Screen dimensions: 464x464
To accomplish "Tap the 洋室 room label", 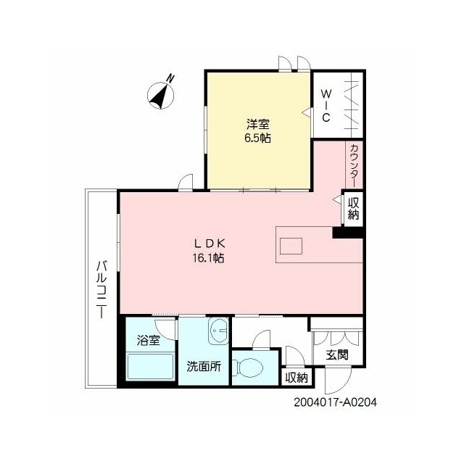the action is (x=258, y=124).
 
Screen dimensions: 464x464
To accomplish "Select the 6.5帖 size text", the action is (x=257, y=138).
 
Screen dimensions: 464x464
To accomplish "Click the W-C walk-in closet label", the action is (x=326, y=106).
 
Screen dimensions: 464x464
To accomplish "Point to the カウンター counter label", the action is (x=355, y=165).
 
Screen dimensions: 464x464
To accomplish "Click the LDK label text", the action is (x=210, y=244).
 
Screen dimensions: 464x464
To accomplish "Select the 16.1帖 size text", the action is (x=209, y=258).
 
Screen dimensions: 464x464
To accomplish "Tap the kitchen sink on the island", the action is (x=291, y=246).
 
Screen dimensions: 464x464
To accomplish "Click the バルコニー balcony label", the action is (x=101, y=289).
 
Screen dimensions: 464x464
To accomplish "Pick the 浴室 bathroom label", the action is (x=148, y=341).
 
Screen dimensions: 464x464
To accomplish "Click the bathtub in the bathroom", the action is (x=151, y=366).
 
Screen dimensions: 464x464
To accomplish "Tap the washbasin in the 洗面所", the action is (x=218, y=331).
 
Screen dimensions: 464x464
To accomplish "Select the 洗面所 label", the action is (x=204, y=367).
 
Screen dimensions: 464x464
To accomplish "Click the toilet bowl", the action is (x=248, y=368).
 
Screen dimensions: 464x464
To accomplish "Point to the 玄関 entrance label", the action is (x=337, y=355).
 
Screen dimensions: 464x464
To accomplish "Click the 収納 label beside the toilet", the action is (x=297, y=378).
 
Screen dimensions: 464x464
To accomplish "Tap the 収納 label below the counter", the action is (x=353, y=209).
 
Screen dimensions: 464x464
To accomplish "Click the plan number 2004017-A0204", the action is (x=335, y=402).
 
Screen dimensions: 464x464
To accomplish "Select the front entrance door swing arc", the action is (x=343, y=385).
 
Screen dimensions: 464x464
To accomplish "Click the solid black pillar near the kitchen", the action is (x=348, y=232).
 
